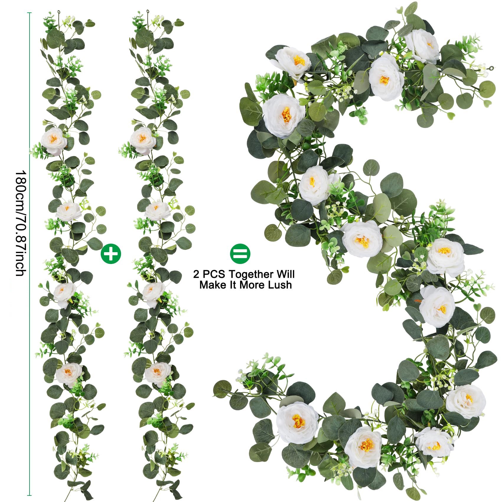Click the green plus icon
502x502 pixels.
(111, 254)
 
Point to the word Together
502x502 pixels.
(251, 274)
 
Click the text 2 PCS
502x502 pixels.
(209, 274)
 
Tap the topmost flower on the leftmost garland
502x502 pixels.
(54, 141)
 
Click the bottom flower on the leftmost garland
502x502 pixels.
(68, 374)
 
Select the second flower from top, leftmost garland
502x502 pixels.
(69, 211)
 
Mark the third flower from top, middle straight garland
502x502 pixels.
(153, 294)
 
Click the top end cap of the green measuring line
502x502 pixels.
(29, 13)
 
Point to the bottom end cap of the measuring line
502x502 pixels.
(29, 495)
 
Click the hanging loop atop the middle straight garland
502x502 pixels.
(148, 13)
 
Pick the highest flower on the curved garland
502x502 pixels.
(422, 46)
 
